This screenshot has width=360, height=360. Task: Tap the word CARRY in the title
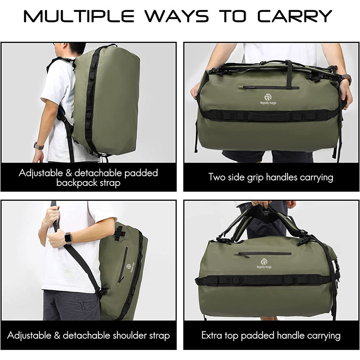pos(295,16)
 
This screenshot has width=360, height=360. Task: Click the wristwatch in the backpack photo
pos(39,146)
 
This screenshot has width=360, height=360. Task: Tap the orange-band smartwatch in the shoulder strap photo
pos(68,238)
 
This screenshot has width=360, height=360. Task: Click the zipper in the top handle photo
pos(264,254)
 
